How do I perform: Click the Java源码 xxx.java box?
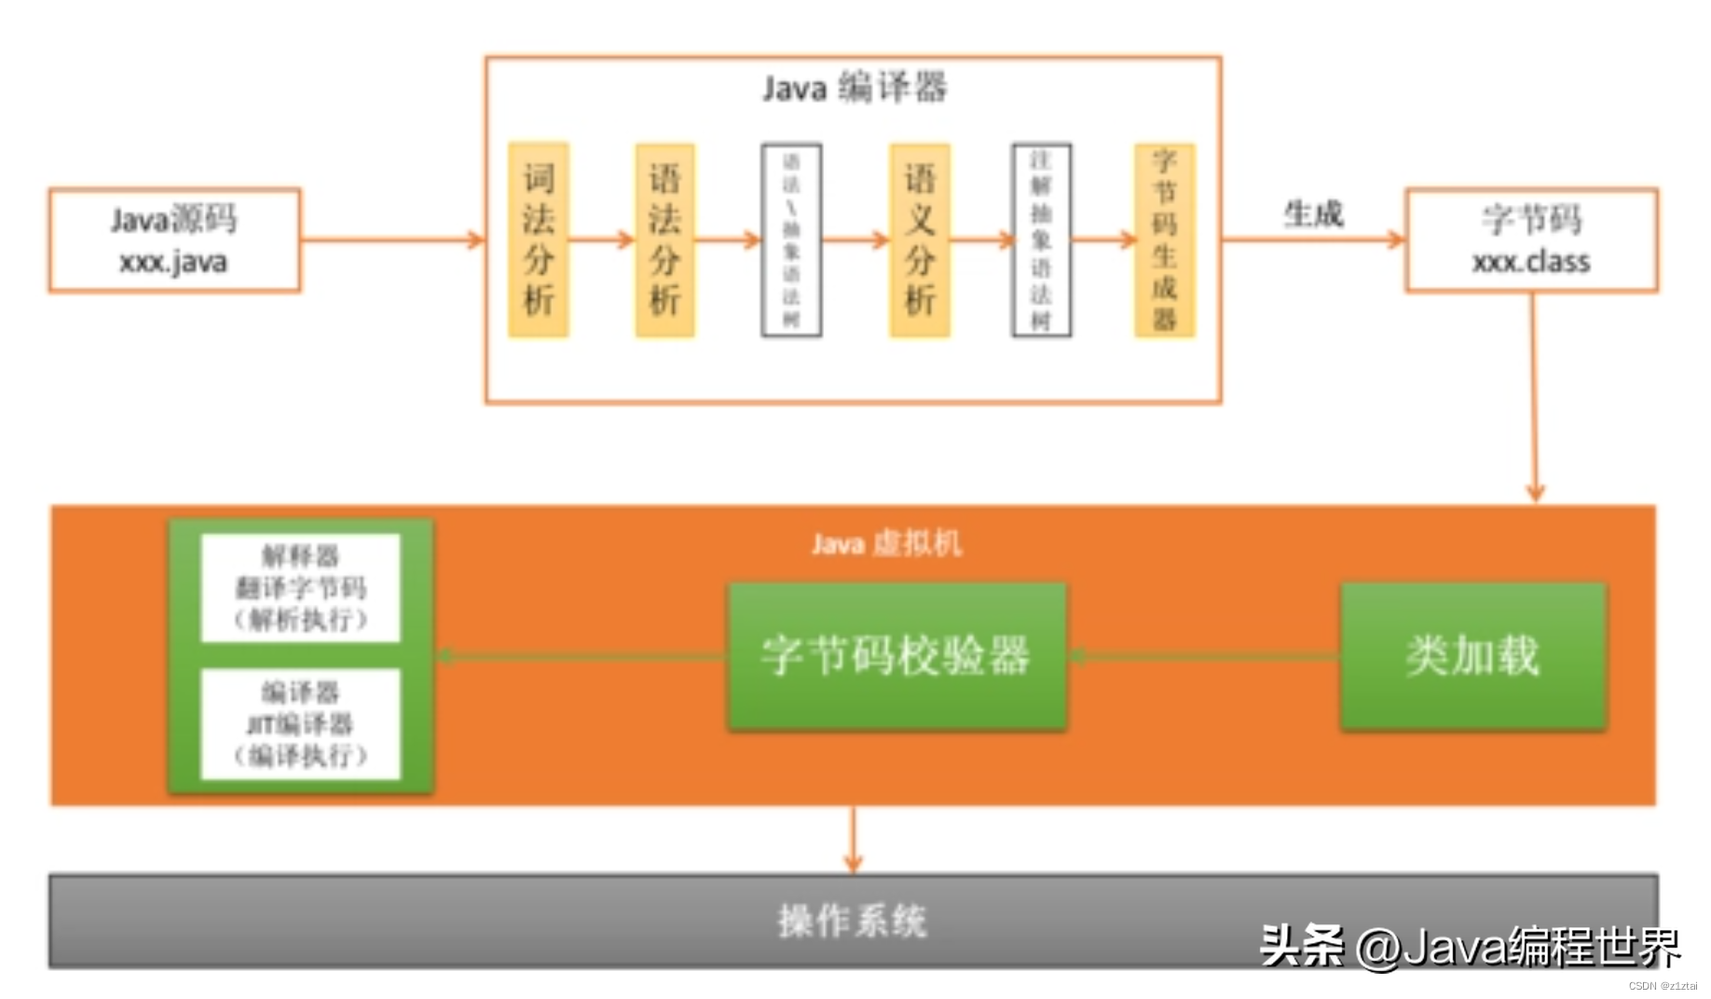[174, 240]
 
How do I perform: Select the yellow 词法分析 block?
[539, 239]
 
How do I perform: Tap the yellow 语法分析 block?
[664, 239]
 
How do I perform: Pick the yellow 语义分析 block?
[919, 239]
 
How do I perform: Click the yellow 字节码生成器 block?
[1164, 239]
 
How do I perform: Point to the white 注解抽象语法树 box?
[1041, 239]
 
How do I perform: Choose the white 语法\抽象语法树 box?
[791, 239]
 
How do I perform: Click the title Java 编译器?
[854, 89]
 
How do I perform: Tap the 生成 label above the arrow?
[1313, 214]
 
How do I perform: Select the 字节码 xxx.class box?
[1531, 240]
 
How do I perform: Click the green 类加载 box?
[1472, 656]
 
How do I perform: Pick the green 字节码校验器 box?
[897, 656]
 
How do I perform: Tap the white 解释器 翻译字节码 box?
[300, 588]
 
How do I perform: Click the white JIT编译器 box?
[300, 724]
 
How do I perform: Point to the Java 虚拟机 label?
[885, 543]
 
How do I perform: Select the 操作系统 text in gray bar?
[852, 921]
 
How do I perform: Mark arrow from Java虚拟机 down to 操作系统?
[853, 839]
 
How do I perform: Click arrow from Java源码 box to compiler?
[391, 240]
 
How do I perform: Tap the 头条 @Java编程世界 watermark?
[1470, 947]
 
